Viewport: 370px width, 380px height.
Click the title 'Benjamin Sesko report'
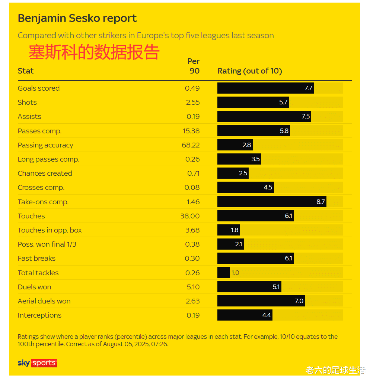pos(77,18)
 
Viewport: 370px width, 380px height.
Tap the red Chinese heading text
pos(94,52)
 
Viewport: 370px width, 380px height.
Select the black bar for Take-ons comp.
pos(272,202)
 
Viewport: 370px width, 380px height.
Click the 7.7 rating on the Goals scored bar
pos(308,88)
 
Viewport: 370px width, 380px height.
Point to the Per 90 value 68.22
pos(191,145)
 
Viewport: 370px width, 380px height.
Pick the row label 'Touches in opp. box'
pos(50,230)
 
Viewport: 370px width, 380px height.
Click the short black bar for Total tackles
pos(224,273)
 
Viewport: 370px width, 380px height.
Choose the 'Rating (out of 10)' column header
pos(249,71)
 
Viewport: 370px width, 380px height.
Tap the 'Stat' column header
pos(26,71)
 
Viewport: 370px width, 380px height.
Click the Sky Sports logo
pos(37,363)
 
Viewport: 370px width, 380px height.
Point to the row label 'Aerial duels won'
pos(44,301)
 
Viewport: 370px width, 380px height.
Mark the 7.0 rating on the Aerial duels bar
pos(299,301)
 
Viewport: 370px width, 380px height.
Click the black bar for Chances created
pos(233,173)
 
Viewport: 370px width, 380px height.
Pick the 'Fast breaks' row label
pos(36,259)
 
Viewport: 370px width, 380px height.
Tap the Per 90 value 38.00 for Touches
pos(190,216)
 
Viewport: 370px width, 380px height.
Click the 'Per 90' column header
pos(193,66)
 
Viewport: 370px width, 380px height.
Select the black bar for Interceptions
pos(245,315)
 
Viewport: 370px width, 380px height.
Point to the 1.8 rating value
pos(235,230)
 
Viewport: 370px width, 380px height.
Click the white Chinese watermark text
pos(335,370)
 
